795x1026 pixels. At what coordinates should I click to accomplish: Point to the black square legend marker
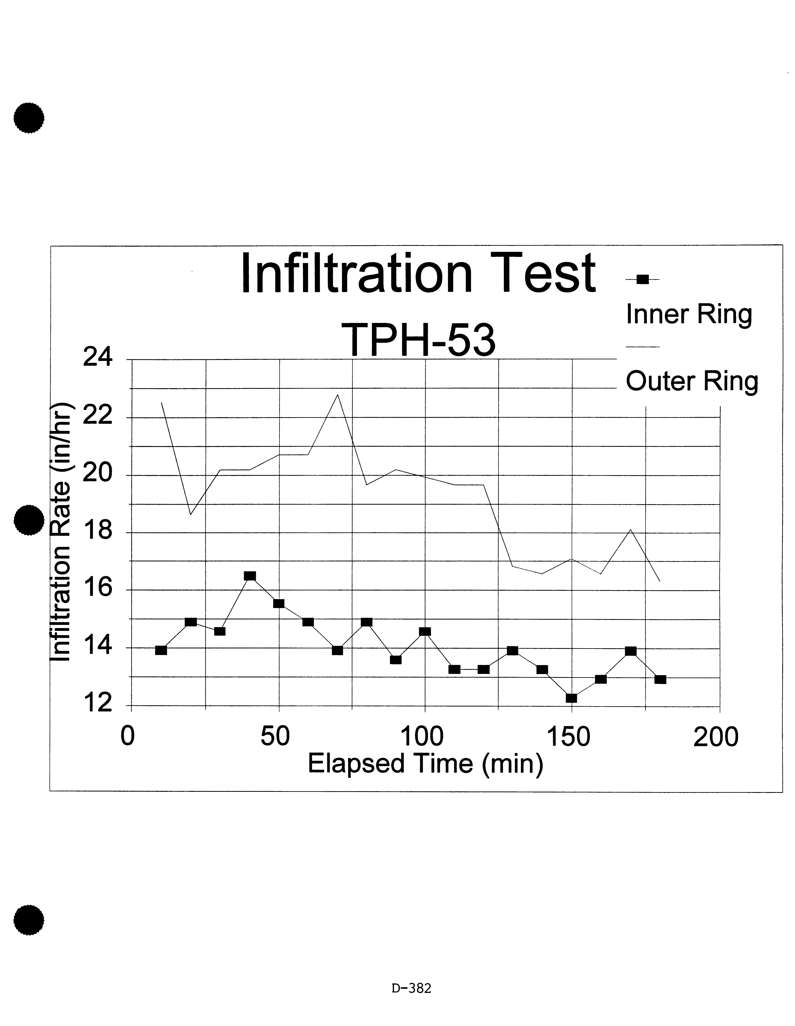[x=643, y=280]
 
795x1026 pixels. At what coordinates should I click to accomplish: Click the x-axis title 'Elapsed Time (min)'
[x=425, y=763]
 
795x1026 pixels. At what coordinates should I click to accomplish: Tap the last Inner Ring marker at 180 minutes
[x=660, y=679]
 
